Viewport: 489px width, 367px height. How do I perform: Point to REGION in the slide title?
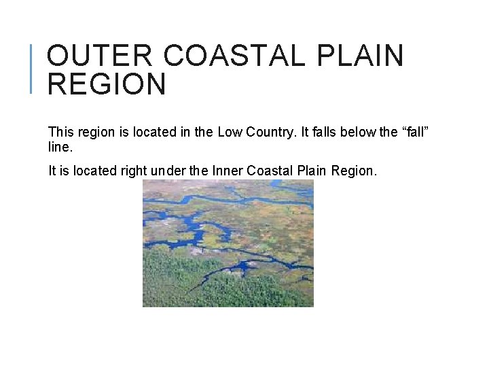click(x=107, y=85)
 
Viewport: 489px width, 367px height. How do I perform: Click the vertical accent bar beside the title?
click(x=34, y=68)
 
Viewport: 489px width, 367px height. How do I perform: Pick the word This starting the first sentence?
click(x=61, y=133)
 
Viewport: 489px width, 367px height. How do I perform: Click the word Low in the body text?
click(x=229, y=133)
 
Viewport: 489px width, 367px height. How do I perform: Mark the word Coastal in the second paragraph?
click(x=270, y=171)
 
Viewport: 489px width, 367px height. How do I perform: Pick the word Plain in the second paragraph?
click(x=312, y=171)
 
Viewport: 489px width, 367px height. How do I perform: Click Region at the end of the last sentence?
click(x=353, y=171)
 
